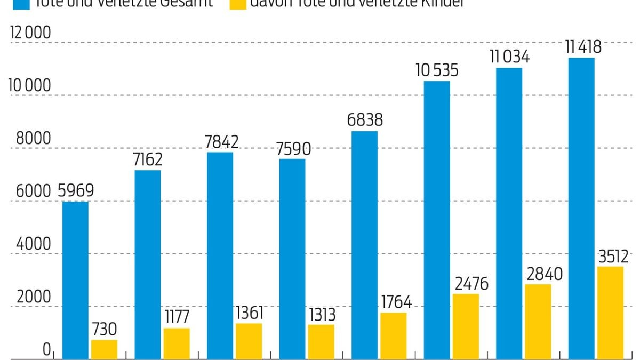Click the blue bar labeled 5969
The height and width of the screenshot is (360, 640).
pyautogui.click(x=75, y=280)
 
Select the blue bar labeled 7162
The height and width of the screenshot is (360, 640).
pyautogui.click(x=147, y=264)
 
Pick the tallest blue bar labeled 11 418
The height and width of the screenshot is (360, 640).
pyautogui.click(x=581, y=208)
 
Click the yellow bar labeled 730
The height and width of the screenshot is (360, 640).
pyautogui.click(x=104, y=349)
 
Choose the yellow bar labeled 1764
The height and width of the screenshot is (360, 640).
pyautogui.click(x=393, y=335)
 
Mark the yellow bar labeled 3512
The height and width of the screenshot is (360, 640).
pyautogui.click(x=610, y=313)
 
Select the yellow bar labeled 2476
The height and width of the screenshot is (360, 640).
pyautogui.click(x=465, y=326)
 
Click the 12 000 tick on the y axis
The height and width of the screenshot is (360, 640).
pyautogui.click(x=31, y=33)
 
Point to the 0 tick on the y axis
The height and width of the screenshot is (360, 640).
pyautogui.click(x=46, y=350)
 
